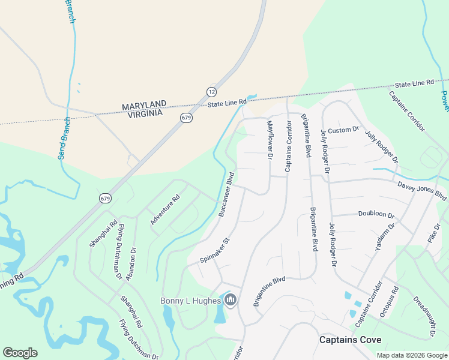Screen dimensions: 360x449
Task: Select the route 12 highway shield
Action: tap(211, 92)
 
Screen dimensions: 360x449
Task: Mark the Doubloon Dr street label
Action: tap(376, 214)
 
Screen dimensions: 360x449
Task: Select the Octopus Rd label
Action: tap(388, 302)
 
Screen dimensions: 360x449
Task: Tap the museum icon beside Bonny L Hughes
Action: tap(231, 300)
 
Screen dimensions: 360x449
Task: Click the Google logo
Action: tap(20, 353)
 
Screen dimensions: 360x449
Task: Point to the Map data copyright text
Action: tap(411, 355)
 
